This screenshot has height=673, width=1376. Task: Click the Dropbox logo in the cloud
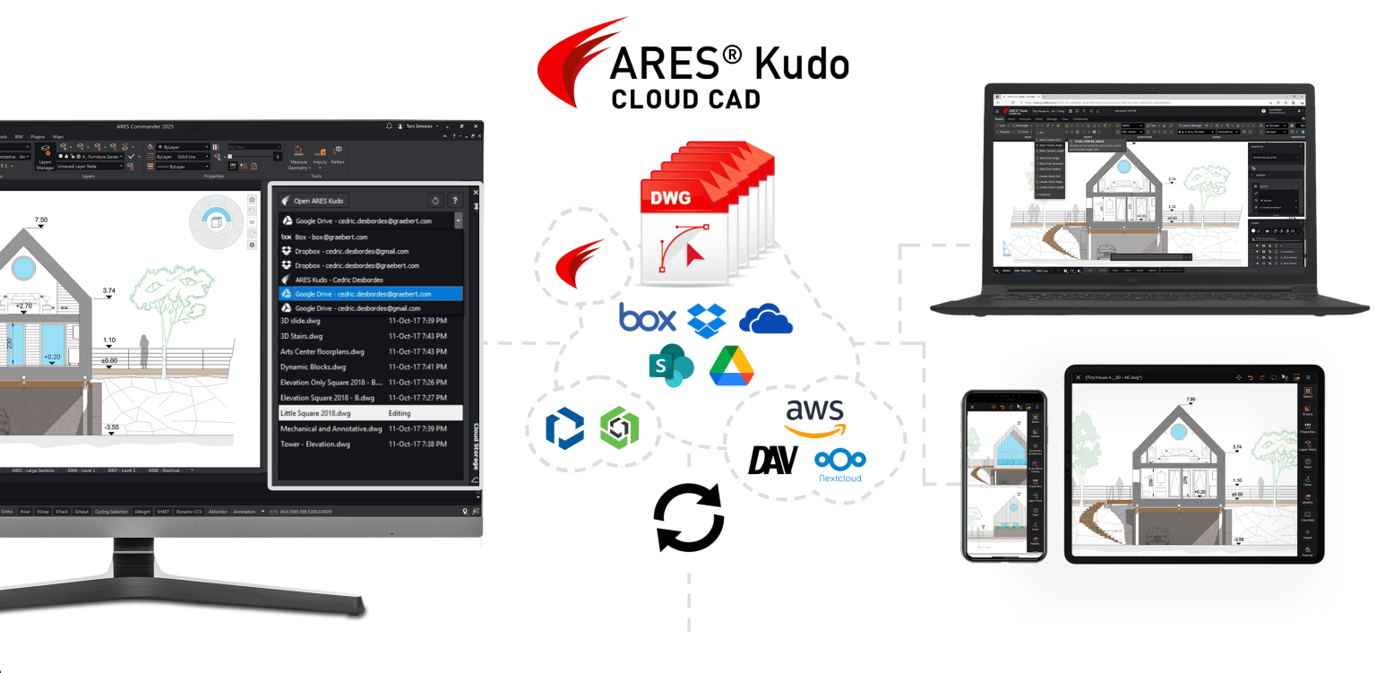click(x=708, y=320)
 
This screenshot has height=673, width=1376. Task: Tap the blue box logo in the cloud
click(x=646, y=319)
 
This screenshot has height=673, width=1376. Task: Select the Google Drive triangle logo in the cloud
click(x=731, y=366)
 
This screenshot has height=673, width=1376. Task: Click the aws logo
click(x=814, y=418)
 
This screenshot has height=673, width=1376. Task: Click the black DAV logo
click(x=773, y=461)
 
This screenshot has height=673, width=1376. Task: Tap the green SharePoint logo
click(x=671, y=365)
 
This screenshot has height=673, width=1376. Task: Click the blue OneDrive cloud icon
click(x=766, y=319)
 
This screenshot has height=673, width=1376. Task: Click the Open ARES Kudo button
click(x=313, y=201)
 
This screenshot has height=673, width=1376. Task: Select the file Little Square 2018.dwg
click(x=315, y=413)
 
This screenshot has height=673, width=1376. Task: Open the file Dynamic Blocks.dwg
click(x=313, y=367)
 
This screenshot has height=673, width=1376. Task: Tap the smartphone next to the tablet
click(x=1004, y=476)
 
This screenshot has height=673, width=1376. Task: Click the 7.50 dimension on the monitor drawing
click(x=41, y=220)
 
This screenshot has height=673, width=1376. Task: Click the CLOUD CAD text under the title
click(x=686, y=99)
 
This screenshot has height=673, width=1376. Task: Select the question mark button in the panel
click(x=455, y=201)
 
